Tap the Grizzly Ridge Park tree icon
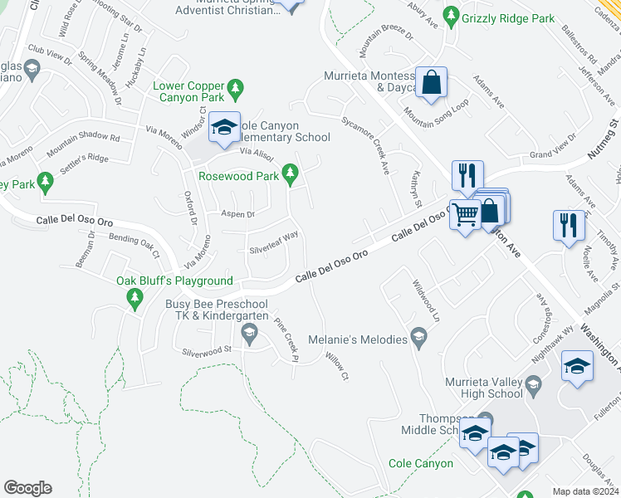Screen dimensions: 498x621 (x=451, y=14)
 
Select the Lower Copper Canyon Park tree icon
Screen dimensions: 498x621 (x=236, y=87)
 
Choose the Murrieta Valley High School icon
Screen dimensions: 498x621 (x=534, y=384)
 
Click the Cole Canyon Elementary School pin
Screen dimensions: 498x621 (x=223, y=127)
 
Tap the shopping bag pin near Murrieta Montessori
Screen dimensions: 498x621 (x=431, y=83)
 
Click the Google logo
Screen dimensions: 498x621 (x=27, y=488)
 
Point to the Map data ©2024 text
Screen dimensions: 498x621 (x=585, y=491)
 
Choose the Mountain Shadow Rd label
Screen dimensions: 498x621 (x=83, y=143)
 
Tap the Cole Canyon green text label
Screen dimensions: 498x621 (x=422, y=463)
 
